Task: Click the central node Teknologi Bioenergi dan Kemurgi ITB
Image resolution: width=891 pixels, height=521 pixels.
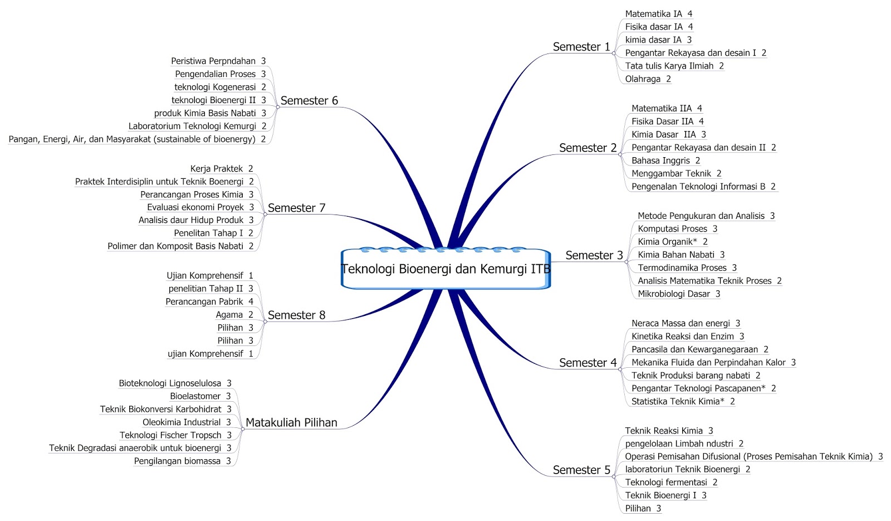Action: (x=445, y=269)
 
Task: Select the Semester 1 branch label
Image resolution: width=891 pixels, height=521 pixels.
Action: (x=581, y=47)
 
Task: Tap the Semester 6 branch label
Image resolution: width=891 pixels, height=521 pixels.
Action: (x=309, y=101)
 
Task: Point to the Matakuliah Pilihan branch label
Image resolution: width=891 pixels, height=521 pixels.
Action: (x=291, y=422)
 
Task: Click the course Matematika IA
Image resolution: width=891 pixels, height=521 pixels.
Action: (x=653, y=14)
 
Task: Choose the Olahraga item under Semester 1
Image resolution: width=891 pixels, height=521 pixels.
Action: (x=643, y=79)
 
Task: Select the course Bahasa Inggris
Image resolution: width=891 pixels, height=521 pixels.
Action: (x=660, y=160)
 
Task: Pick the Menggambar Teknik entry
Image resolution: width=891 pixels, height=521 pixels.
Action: (x=671, y=174)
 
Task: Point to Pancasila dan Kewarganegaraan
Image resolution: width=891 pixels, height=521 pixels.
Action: (x=694, y=349)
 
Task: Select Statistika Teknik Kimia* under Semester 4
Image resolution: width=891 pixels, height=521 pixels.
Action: (x=678, y=402)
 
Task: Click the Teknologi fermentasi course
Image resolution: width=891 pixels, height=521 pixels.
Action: (x=666, y=483)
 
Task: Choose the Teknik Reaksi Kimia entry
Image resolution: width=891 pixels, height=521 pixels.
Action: (x=664, y=431)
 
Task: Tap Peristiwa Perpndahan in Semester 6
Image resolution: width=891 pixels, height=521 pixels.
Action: (x=213, y=61)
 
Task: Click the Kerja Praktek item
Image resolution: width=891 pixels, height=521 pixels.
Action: (x=217, y=169)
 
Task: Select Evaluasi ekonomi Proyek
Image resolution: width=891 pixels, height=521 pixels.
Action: (x=195, y=207)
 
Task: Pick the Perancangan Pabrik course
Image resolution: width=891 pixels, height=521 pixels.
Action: (x=204, y=302)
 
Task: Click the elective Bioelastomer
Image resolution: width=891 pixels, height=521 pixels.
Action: (x=195, y=396)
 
